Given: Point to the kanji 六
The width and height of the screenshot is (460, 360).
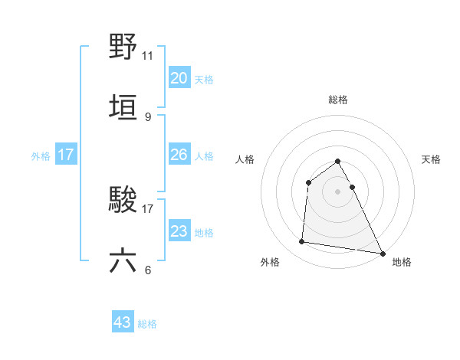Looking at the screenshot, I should tap(123, 260).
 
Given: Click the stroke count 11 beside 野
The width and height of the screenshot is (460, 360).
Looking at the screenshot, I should tap(148, 55).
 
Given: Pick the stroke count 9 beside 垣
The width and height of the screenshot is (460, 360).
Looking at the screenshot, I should tap(147, 116).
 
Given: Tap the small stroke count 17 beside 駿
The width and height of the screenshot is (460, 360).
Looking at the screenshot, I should tap(148, 208).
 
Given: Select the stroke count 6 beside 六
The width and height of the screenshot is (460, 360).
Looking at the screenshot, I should tap(147, 270).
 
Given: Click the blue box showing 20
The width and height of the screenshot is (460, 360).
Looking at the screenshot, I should tap(179, 78).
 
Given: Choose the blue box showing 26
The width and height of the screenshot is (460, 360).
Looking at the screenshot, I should tap(179, 155).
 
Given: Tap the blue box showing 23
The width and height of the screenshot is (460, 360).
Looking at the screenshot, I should tap(179, 231).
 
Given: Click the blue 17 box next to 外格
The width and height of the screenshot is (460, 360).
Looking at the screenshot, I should tap(66, 155).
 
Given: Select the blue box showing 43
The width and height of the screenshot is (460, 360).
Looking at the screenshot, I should tap(123, 322).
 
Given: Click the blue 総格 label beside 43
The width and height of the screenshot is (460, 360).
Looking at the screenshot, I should tap(147, 324).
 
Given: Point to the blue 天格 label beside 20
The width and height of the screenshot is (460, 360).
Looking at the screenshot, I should tap(204, 80).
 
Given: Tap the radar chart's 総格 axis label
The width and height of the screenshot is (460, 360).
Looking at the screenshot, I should tap(338, 100).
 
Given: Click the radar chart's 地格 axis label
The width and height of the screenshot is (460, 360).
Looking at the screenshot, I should tap(402, 262).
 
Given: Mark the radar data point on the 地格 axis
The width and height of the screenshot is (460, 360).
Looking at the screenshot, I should tap(383, 254).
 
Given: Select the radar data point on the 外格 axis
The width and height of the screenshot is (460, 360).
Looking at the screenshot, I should tap(302, 242).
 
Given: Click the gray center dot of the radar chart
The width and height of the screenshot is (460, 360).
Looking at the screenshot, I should tap(338, 191).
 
